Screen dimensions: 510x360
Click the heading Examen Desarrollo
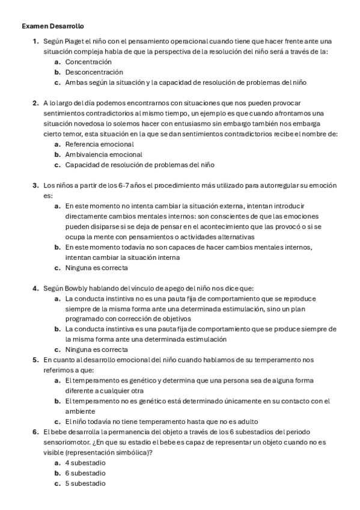pos(53,26)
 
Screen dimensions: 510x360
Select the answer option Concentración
pos(88,61)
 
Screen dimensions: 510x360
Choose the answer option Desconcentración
pos(94,72)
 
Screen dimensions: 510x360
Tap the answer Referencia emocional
pos(100,144)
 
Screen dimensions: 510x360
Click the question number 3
pos(35,185)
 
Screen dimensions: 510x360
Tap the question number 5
pos(35,360)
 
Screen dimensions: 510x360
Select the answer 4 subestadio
pos(85,462)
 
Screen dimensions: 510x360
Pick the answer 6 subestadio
pos(85,473)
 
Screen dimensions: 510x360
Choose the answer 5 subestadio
pos(85,483)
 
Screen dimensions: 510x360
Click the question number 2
pos(35,103)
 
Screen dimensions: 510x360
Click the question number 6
pos(35,432)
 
